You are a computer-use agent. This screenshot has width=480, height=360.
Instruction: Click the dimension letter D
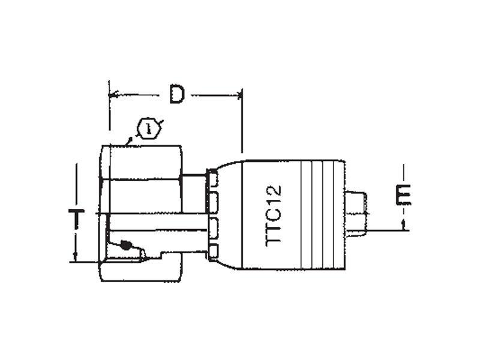[177, 94]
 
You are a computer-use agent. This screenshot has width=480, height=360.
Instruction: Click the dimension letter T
[76, 219]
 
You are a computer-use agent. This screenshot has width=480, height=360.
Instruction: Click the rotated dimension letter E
[403, 194]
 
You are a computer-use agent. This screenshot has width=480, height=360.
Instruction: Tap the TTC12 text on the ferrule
[274, 215]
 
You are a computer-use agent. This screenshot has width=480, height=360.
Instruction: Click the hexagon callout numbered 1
[149, 129]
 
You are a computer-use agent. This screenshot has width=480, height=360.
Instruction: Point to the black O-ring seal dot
[126, 245]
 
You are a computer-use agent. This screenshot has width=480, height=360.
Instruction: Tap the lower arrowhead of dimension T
[76, 257]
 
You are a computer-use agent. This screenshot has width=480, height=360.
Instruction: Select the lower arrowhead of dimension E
[403, 225]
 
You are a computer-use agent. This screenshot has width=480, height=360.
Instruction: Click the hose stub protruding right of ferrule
[356, 214]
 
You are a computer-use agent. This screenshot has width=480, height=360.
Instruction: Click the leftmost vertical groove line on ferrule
[301, 215]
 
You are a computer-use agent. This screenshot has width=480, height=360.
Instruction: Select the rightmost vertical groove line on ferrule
[335, 215]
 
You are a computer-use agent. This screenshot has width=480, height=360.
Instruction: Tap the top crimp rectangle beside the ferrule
[214, 178]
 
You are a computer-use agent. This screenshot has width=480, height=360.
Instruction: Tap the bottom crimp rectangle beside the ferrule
[214, 252]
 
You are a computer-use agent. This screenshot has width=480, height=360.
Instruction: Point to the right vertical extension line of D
[242, 121]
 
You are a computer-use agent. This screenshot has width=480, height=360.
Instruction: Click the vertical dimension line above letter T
[76, 186]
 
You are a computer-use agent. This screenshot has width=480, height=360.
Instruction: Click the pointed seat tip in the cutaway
[149, 259]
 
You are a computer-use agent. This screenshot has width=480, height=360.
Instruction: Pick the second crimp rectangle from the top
[214, 202]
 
